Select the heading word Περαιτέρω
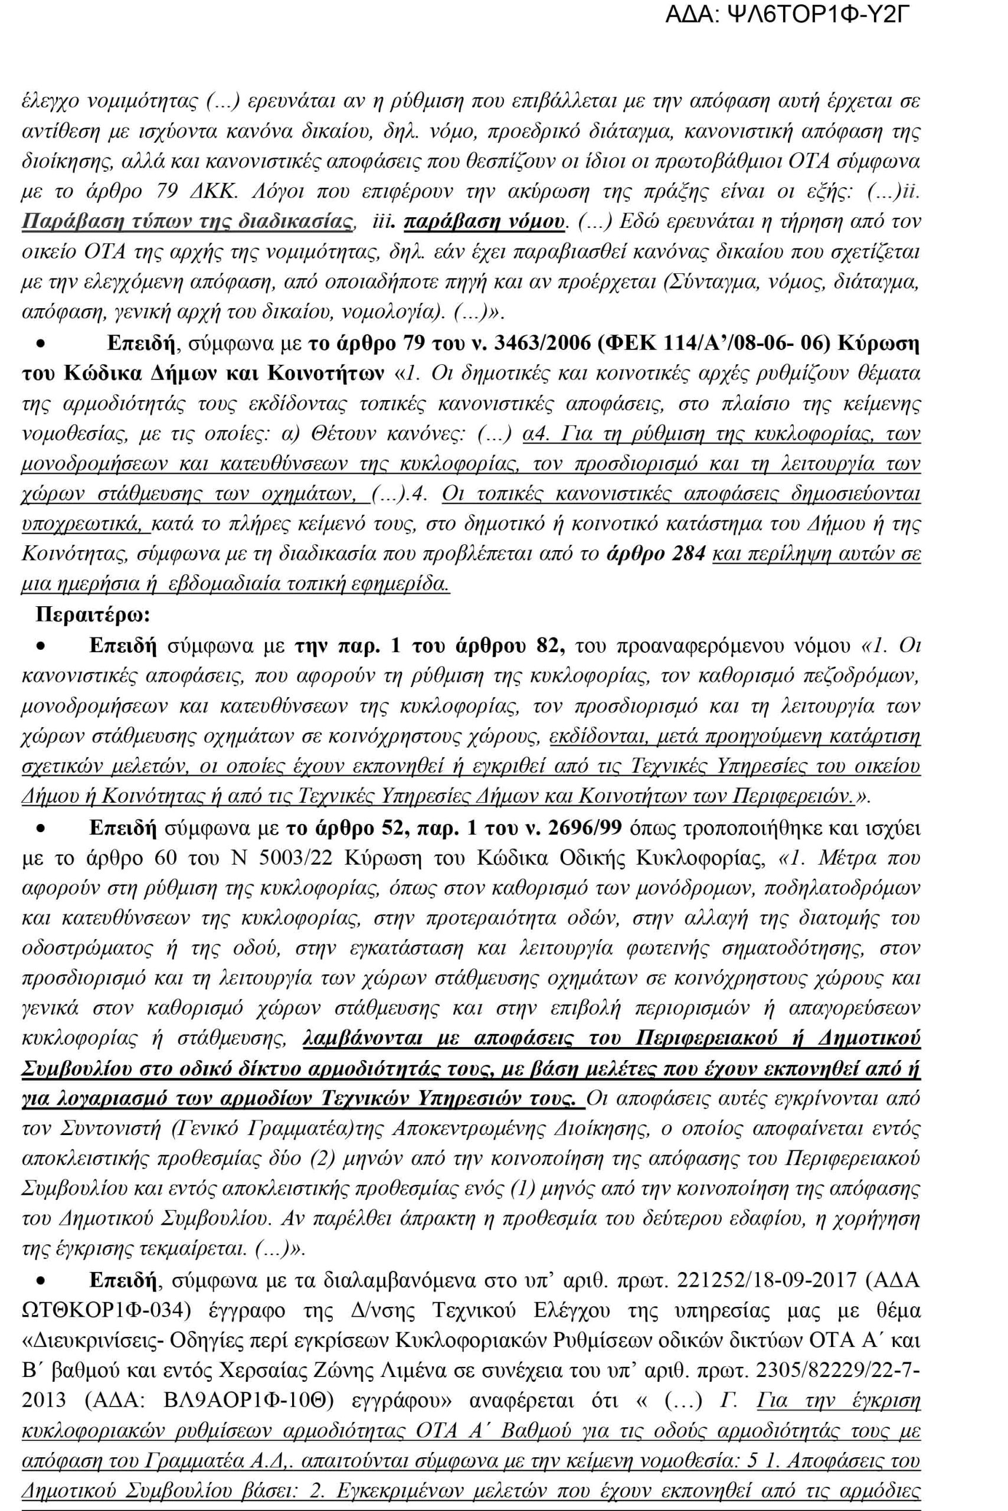click(x=92, y=614)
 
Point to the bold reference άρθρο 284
click(x=655, y=553)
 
